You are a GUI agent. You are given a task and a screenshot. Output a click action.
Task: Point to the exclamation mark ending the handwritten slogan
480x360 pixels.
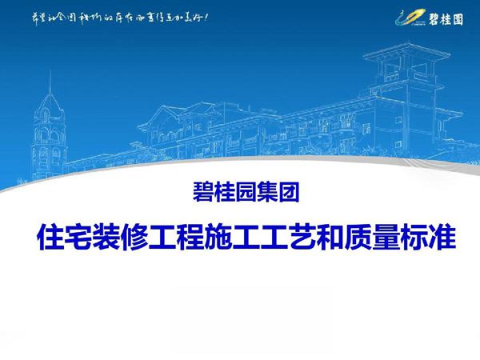(207, 16)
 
